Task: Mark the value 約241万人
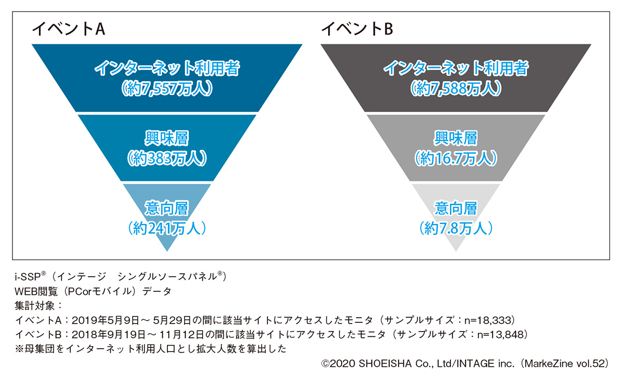(167, 228)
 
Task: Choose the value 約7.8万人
(456, 228)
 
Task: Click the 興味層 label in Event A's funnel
(167, 138)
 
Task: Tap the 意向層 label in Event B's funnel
(456, 208)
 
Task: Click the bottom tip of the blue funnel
(167, 250)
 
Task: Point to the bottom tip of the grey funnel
(456, 250)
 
